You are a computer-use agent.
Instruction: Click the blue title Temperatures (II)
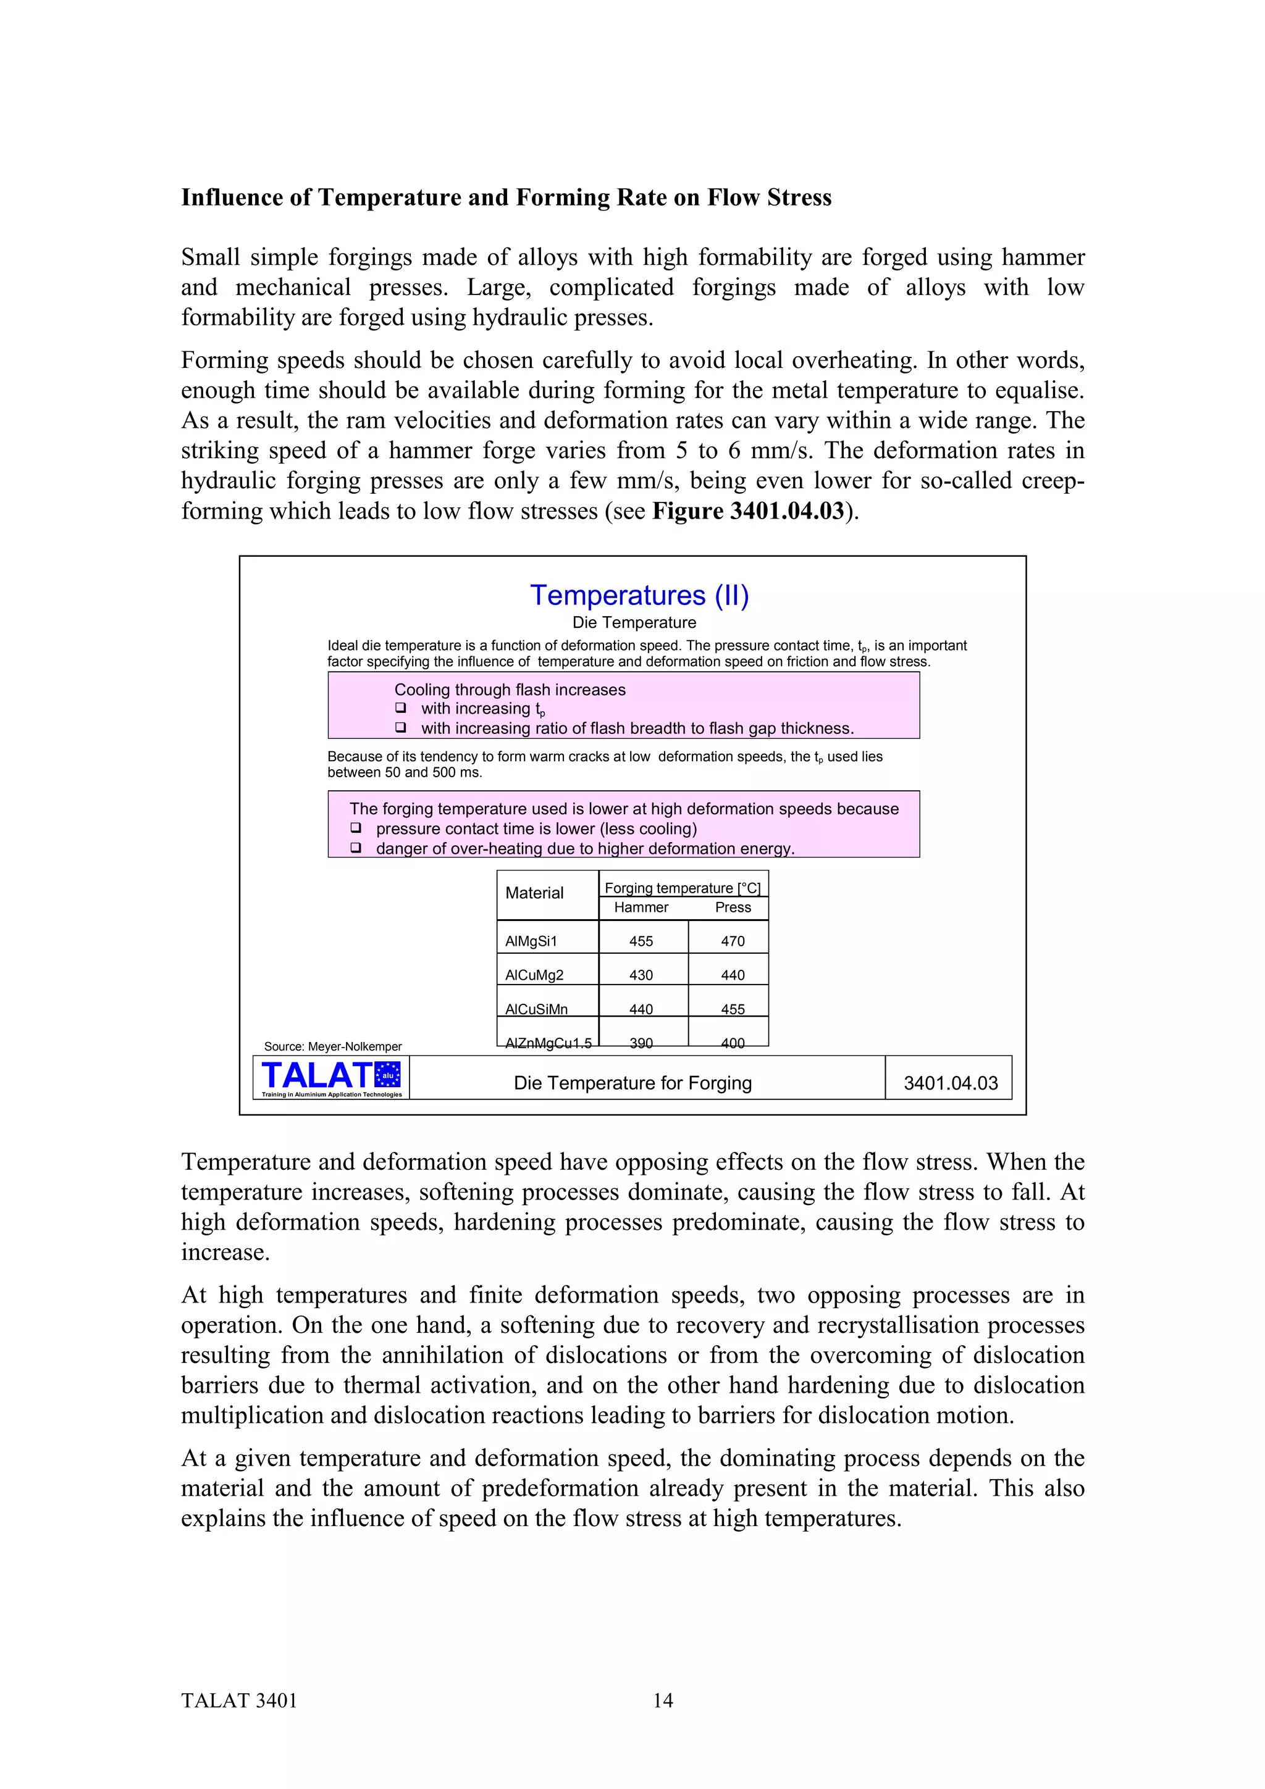pyautogui.click(x=639, y=595)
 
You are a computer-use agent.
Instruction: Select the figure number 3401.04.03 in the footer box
pyautogui.click(x=950, y=1083)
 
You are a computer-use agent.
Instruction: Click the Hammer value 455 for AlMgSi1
pyautogui.click(x=641, y=941)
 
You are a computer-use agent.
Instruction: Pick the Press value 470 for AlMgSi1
pyautogui.click(x=733, y=941)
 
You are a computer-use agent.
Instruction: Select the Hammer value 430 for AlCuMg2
pyautogui.click(x=641, y=975)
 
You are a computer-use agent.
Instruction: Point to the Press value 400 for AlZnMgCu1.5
pyautogui.click(x=733, y=1043)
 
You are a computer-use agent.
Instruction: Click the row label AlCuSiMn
pyautogui.click(x=536, y=1009)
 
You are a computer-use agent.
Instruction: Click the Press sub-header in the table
pyautogui.click(x=733, y=907)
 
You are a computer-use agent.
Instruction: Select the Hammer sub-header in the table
pyautogui.click(x=641, y=907)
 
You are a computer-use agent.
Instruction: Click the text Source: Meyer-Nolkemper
pyautogui.click(x=333, y=1046)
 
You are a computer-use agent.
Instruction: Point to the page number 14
pyautogui.click(x=663, y=1700)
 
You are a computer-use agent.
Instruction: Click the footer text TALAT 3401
pyautogui.click(x=239, y=1700)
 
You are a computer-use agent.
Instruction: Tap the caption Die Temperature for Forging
pyautogui.click(x=632, y=1083)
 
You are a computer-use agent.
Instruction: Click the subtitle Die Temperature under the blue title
pyautogui.click(x=634, y=622)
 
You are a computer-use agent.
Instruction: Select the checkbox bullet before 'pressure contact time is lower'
pyautogui.click(x=355, y=827)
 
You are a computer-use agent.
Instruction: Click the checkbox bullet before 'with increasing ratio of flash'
pyautogui.click(x=401, y=727)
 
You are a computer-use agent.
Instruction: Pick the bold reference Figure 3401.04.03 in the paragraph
pyautogui.click(x=748, y=511)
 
